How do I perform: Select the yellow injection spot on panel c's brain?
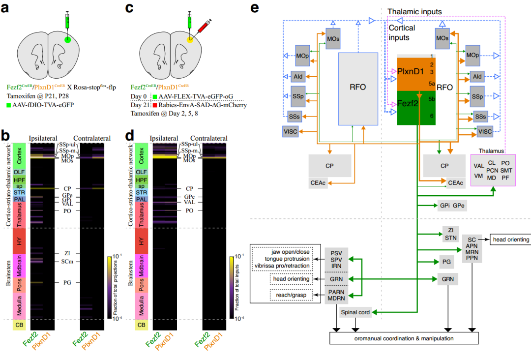(x=188, y=39)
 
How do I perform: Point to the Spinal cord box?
(x=355, y=312)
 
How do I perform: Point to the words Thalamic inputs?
(x=414, y=11)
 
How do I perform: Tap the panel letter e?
(x=254, y=8)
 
